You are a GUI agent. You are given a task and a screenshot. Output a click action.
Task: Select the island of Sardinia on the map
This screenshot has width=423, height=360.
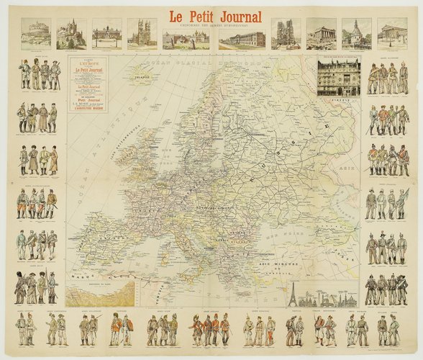click(x=179, y=248)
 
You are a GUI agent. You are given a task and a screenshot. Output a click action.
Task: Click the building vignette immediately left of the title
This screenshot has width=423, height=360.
click(x=177, y=35)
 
